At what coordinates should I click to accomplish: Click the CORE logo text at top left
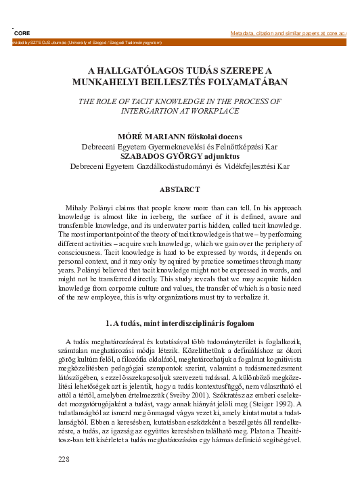pyautogui.click(x=22, y=32)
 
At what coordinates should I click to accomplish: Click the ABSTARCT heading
pyautogui.click(x=180, y=191)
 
